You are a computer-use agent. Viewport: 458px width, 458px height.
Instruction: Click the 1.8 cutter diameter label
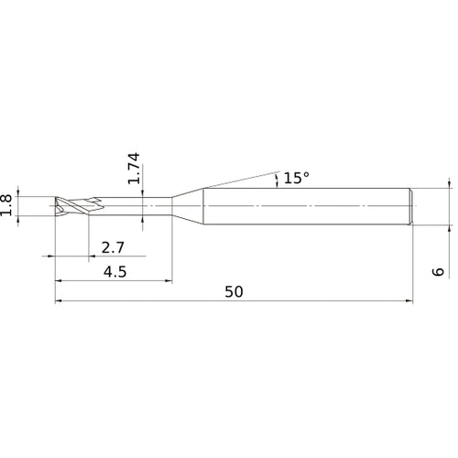pos(7,204)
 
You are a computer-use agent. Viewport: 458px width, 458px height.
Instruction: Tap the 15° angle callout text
pos(296,178)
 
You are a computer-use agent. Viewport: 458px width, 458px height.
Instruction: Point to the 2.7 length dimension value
pos(114,247)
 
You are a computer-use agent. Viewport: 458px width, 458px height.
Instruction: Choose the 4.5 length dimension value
pos(114,271)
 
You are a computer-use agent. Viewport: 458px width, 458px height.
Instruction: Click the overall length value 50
pos(234,292)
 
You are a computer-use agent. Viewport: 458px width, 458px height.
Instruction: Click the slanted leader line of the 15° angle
pos(238,178)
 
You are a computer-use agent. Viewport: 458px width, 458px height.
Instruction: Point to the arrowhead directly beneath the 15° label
pos(276,182)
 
